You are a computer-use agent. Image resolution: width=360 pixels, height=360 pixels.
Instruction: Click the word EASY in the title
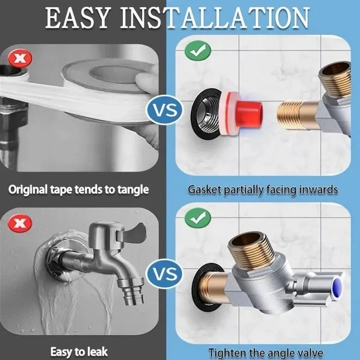click(76, 18)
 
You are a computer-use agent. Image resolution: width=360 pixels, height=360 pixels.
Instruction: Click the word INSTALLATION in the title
click(215, 18)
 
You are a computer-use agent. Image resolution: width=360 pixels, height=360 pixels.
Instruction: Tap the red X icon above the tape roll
click(20, 58)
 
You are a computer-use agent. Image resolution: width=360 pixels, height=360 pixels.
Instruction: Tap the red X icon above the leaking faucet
click(20, 223)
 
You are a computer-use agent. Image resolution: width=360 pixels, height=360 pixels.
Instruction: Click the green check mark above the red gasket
click(198, 51)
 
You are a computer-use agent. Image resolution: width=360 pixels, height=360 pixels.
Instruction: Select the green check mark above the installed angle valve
click(198, 218)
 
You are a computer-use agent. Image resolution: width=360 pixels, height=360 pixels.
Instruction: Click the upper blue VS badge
click(165, 110)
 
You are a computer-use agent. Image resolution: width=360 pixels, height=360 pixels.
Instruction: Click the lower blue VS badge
click(165, 274)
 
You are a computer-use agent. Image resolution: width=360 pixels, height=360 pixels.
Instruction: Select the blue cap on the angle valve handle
click(337, 288)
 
